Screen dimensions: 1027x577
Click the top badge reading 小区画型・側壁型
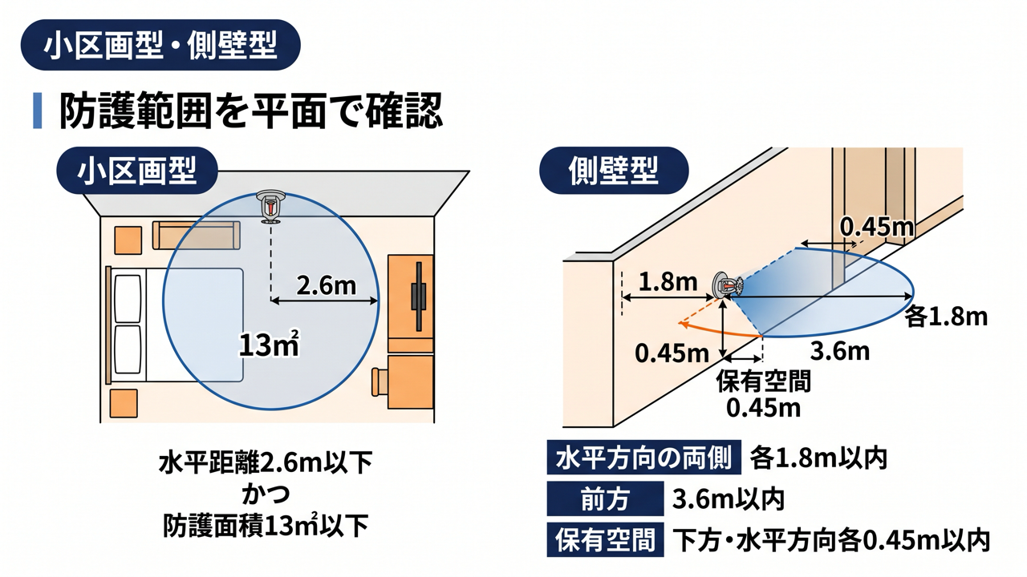[160, 45]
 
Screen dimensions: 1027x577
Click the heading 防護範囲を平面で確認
[251, 111]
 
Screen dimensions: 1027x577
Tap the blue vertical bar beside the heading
[38, 111]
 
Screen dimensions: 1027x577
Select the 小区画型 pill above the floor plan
[137, 171]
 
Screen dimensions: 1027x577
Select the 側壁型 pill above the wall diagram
[614, 171]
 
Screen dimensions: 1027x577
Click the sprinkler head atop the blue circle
[271, 207]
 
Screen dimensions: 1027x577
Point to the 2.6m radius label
[326, 285]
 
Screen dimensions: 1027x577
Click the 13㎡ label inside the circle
[269, 344]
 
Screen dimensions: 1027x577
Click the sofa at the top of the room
[197, 236]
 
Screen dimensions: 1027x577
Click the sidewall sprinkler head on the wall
[727, 286]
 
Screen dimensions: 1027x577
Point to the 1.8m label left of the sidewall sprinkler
[668, 282]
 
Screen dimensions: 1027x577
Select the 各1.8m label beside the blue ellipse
[946, 317]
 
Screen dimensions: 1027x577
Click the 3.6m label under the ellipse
[840, 351]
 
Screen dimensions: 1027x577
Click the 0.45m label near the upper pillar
[876, 227]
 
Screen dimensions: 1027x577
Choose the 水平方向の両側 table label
[643, 457]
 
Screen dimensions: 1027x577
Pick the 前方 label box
[605, 498]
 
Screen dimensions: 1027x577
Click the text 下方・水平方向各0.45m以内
[831, 540]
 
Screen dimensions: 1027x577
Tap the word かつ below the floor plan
[266, 494]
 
